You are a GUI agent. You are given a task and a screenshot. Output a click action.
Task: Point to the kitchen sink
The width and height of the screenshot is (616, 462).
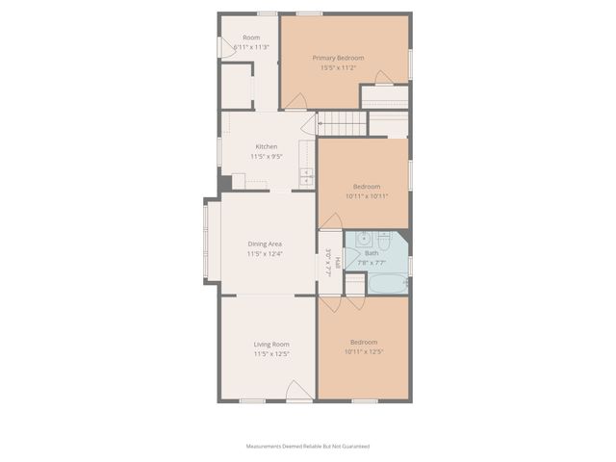coord(306,176)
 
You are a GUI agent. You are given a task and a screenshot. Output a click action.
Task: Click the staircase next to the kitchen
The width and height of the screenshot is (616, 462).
coord(342,123)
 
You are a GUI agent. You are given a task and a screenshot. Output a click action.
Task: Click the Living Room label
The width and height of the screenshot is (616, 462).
coord(271,344)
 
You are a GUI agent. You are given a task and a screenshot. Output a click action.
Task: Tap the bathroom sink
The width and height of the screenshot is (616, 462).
coord(355,241)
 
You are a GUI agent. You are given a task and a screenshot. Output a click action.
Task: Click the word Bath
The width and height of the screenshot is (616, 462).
coord(372,252)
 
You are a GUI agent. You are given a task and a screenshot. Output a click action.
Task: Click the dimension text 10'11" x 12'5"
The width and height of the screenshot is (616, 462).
coord(364,352)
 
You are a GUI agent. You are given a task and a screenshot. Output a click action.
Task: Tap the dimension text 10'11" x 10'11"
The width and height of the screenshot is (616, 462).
coord(366,196)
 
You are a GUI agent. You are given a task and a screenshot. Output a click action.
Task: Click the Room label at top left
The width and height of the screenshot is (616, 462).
coord(251,38)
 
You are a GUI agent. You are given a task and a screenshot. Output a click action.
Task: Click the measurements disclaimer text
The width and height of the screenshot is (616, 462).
coord(308,447)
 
